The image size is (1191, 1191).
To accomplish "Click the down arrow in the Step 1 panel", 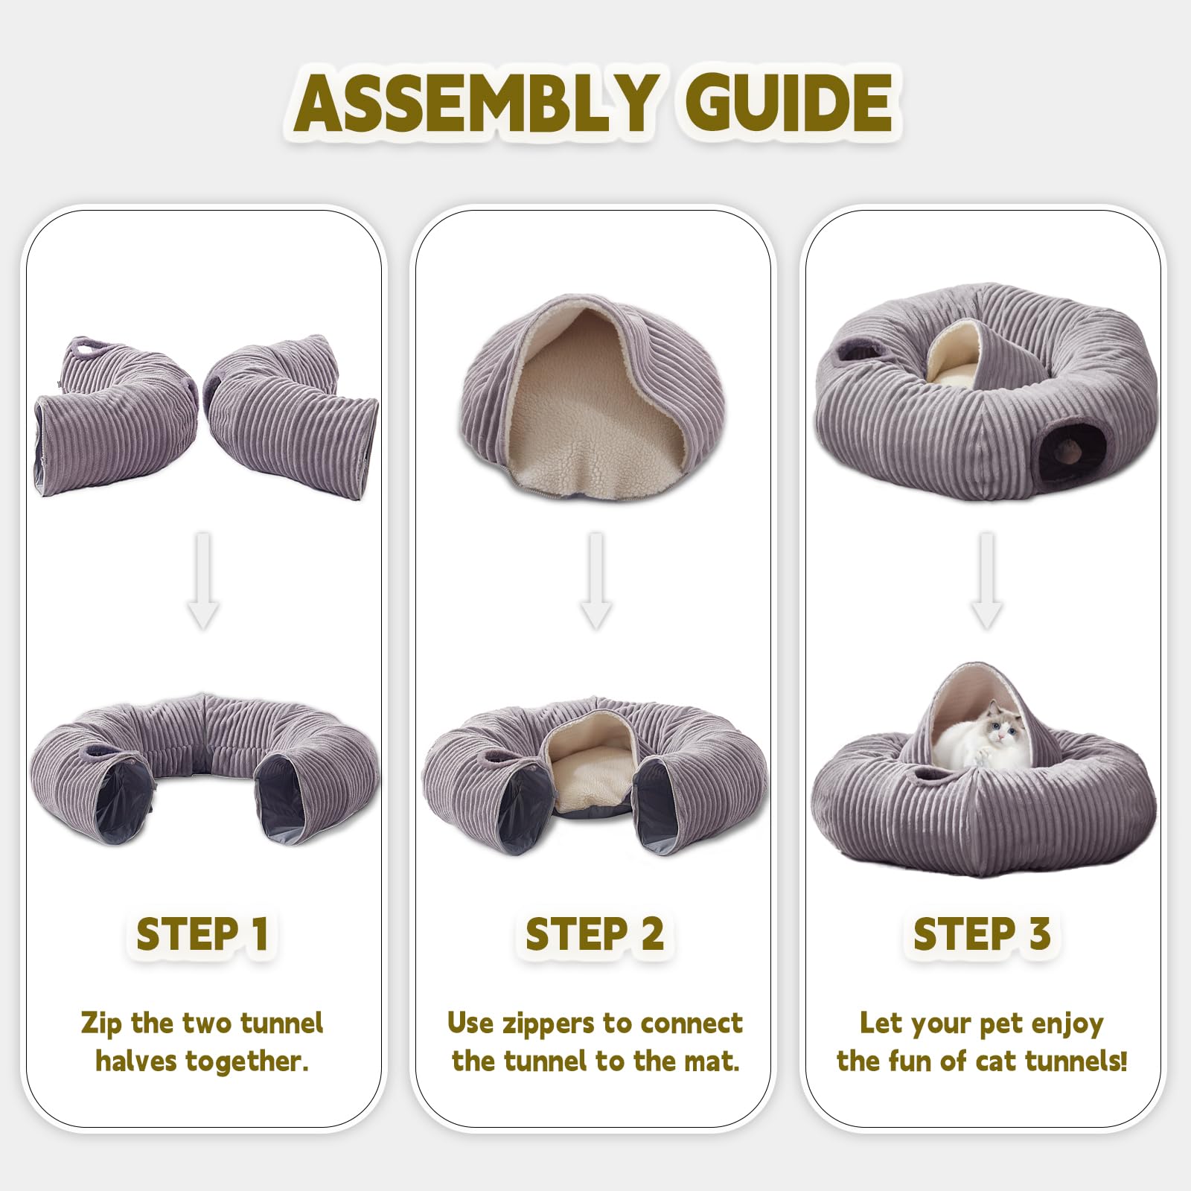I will tap(202, 581).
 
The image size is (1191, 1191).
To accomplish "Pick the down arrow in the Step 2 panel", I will tap(595, 581).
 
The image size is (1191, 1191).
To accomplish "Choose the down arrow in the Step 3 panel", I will tap(986, 581).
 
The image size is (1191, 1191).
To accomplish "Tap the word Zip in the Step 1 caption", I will tap(100, 1024).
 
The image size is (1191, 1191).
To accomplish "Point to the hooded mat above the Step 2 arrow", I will tap(573, 395).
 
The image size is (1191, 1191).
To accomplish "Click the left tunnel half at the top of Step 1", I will tap(112, 417).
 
